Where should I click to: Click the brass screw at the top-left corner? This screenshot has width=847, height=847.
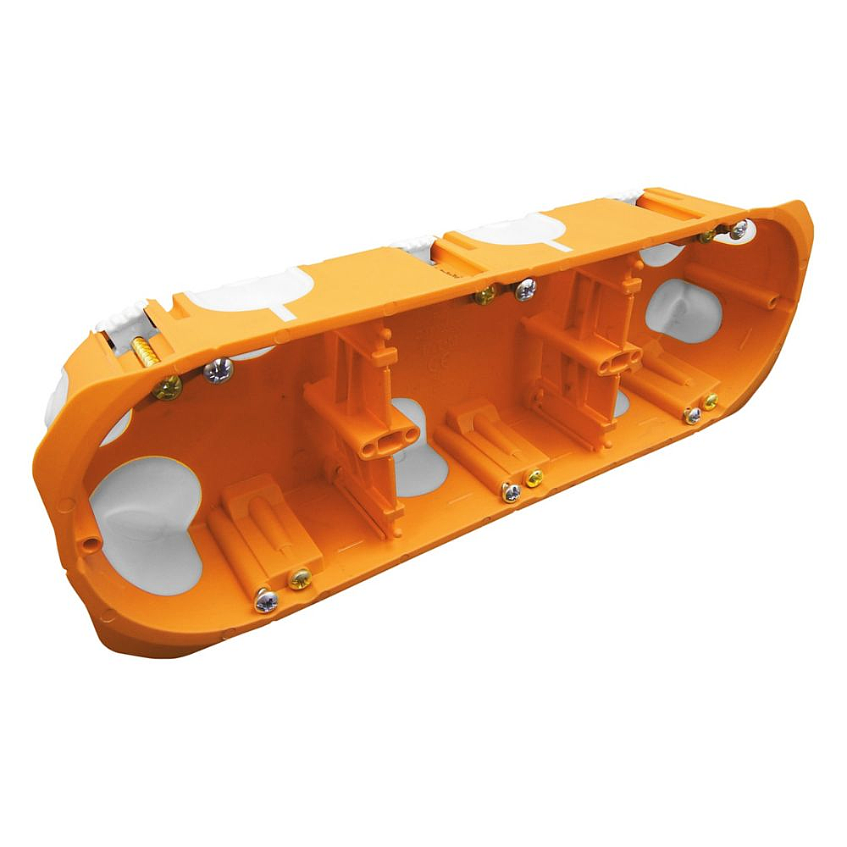point(168,388)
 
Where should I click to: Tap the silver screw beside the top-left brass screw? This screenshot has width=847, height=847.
point(219,370)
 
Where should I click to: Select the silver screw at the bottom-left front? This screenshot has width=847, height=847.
point(265,601)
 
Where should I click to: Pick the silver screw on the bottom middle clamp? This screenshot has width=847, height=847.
point(511,492)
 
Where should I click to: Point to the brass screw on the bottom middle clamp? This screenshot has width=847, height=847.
point(534,478)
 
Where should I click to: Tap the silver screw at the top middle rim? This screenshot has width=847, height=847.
point(525,290)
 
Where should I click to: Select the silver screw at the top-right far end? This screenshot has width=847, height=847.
point(739,229)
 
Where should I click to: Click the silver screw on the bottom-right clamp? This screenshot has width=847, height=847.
point(693,415)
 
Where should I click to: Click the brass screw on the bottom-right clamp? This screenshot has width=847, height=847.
point(710,401)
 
